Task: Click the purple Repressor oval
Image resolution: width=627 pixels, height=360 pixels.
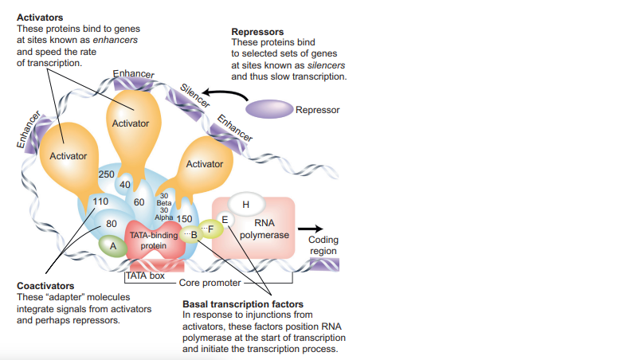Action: click(x=268, y=109)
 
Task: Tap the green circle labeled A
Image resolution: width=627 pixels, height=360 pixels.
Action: click(x=113, y=247)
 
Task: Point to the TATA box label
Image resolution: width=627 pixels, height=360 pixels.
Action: click(x=145, y=276)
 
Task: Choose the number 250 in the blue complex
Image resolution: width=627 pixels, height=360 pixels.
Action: click(x=106, y=174)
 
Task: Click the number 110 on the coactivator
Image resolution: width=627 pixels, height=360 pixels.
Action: click(x=100, y=202)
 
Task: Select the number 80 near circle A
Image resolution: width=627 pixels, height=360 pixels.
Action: click(x=112, y=223)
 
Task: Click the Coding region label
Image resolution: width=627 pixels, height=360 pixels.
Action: click(x=323, y=245)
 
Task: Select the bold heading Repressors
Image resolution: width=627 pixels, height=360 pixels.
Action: click(x=257, y=32)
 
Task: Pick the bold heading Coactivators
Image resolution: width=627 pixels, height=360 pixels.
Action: click(x=45, y=286)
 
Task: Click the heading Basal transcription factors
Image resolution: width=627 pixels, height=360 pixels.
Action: click(x=242, y=304)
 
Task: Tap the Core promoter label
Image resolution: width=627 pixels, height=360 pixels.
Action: click(x=206, y=283)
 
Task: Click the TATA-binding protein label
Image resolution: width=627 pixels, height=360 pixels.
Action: click(x=154, y=241)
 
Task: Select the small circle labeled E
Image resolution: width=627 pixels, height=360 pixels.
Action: click(x=225, y=219)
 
